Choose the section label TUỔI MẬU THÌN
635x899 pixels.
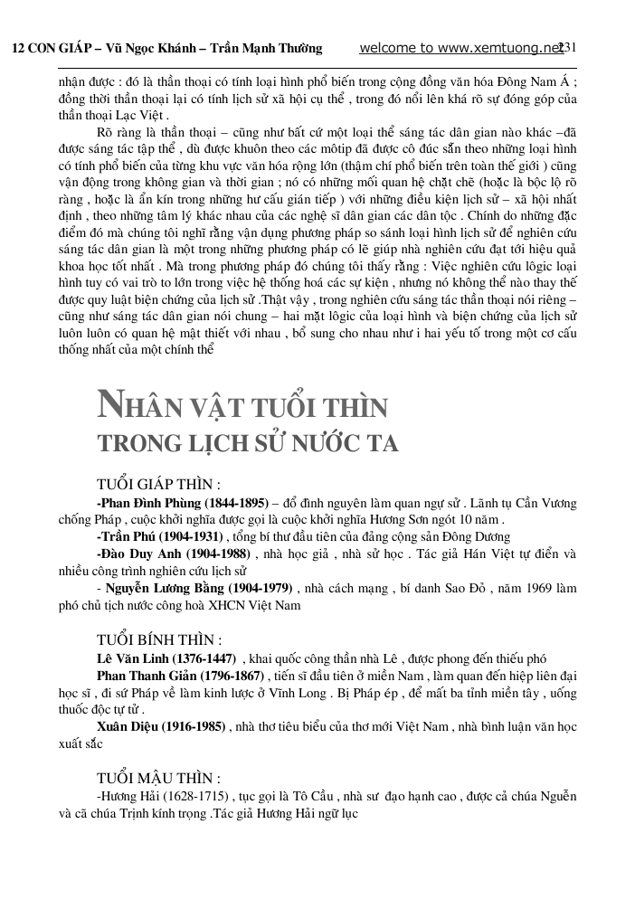tap(158, 779)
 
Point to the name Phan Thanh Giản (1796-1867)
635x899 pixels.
tap(181, 676)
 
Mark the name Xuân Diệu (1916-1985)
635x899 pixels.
tap(157, 727)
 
